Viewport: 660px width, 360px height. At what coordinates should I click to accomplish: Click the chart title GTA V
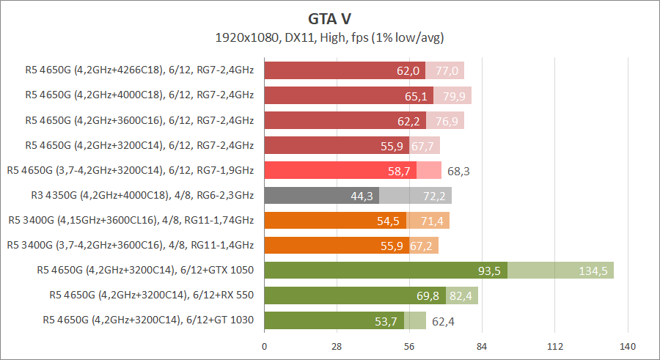pyautogui.click(x=330, y=18)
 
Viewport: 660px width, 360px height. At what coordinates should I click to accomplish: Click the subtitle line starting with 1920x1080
pyautogui.click(x=330, y=37)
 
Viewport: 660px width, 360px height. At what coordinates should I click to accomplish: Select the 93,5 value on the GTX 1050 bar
pyautogui.click(x=489, y=271)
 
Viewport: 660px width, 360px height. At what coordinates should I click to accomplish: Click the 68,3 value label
pyautogui.click(x=458, y=171)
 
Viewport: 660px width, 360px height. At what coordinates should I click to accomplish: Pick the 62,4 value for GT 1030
pyautogui.click(x=443, y=320)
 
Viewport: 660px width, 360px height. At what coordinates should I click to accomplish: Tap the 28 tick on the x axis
pyautogui.click(x=337, y=346)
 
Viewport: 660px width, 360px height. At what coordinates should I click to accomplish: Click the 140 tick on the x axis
pyautogui.click(x=627, y=346)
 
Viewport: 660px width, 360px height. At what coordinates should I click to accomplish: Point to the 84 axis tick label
pyautogui.click(x=482, y=346)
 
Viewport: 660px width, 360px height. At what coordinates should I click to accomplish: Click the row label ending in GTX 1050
pyautogui.click(x=145, y=270)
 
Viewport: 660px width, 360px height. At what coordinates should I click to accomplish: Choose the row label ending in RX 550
pyautogui.click(x=152, y=295)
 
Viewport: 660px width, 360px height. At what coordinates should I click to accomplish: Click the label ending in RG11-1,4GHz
pyautogui.click(x=130, y=245)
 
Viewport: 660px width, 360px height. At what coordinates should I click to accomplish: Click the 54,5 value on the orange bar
pyautogui.click(x=388, y=221)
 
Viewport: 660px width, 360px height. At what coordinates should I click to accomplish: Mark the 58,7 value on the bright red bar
pyautogui.click(x=398, y=171)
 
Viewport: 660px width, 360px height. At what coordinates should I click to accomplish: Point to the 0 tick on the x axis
pyautogui.click(x=264, y=346)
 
